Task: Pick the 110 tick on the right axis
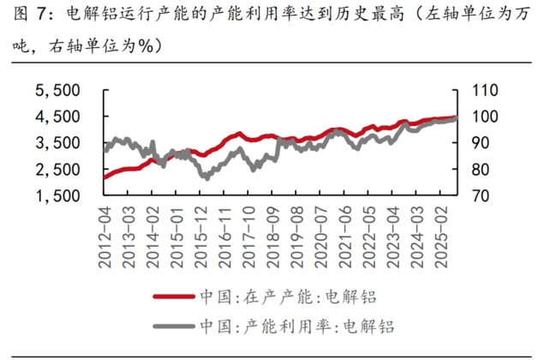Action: click(x=476, y=90)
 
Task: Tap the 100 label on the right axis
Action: click(x=476, y=117)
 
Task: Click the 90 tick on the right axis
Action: click(x=472, y=143)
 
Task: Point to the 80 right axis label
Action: click(x=472, y=170)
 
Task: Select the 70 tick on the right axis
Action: click(x=472, y=196)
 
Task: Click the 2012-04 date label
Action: click(x=106, y=237)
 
